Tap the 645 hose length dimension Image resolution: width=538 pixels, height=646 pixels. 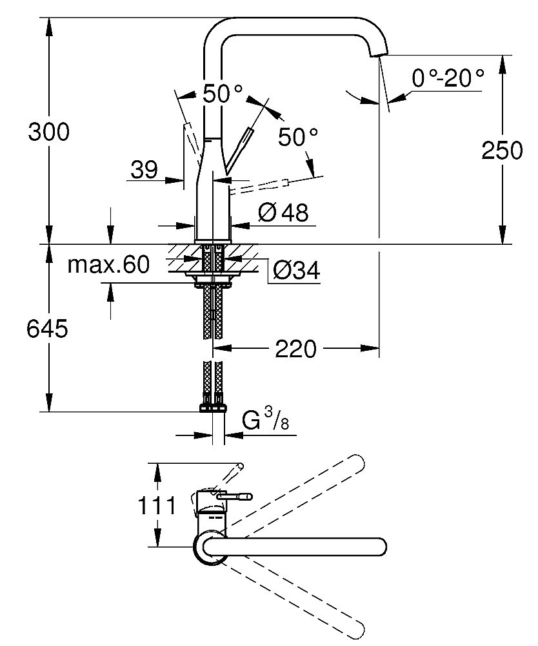47,329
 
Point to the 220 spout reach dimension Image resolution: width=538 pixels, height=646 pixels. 296,349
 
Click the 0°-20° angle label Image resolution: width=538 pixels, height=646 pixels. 448,79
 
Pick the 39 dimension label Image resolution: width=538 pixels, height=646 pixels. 144,170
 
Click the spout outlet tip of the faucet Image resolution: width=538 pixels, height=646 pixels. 380,54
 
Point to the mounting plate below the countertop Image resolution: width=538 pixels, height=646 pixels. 214,276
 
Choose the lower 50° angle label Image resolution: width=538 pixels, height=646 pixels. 298,136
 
